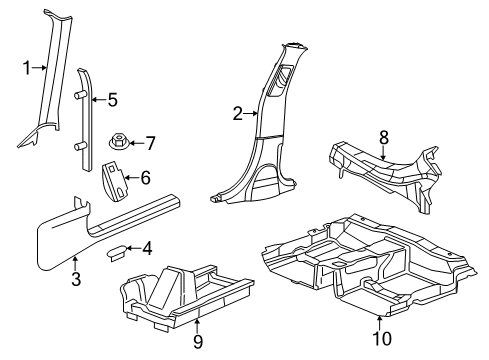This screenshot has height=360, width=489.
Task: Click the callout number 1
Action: point(27,68)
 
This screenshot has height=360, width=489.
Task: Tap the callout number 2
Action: point(238,115)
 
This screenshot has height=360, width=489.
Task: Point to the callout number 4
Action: point(148,248)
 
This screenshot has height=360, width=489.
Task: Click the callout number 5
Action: point(112,100)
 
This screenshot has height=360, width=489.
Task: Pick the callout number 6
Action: point(145,179)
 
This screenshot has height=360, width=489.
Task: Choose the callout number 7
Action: point(151,142)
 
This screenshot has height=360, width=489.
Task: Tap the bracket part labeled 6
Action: point(115,181)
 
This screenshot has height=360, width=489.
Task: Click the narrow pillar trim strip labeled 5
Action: point(82,110)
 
